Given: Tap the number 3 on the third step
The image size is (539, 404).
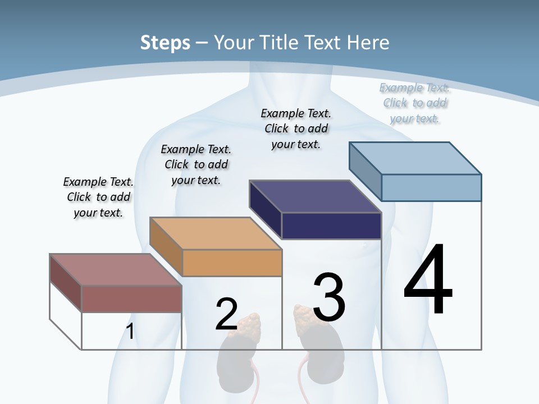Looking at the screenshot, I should pyautogui.click(x=328, y=297).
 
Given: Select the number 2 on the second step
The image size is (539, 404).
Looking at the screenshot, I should pyautogui.click(x=226, y=314).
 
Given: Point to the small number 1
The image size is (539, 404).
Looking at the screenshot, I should pyautogui.click(x=130, y=332).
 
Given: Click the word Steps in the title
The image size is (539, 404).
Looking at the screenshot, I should pyautogui.click(x=165, y=43).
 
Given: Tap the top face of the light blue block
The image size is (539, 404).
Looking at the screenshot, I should pyautogui.click(x=415, y=158).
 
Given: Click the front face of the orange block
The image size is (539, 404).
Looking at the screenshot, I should pyautogui.click(x=232, y=263).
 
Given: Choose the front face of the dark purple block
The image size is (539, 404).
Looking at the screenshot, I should pyautogui.click(x=331, y=226).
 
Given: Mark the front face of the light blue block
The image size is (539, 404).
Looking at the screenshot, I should pyautogui.click(x=431, y=187).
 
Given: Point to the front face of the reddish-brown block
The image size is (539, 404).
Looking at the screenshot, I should pyautogui.click(x=132, y=299).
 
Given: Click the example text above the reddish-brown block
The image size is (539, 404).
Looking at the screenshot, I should pyautogui.click(x=98, y=197).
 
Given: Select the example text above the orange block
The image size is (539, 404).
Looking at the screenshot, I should pyautogui.click(x=196, y=164).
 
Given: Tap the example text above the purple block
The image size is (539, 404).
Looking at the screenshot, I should pyautogui.click(x=296, y=128).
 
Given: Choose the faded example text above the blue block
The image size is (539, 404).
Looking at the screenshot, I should pyautogui.click(x=414, y=103).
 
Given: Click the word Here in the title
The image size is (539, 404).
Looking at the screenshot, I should pyautogui.click(x=368, y=43).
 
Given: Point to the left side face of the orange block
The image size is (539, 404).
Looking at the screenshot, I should pyautogui.click(x=166, y=246).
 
